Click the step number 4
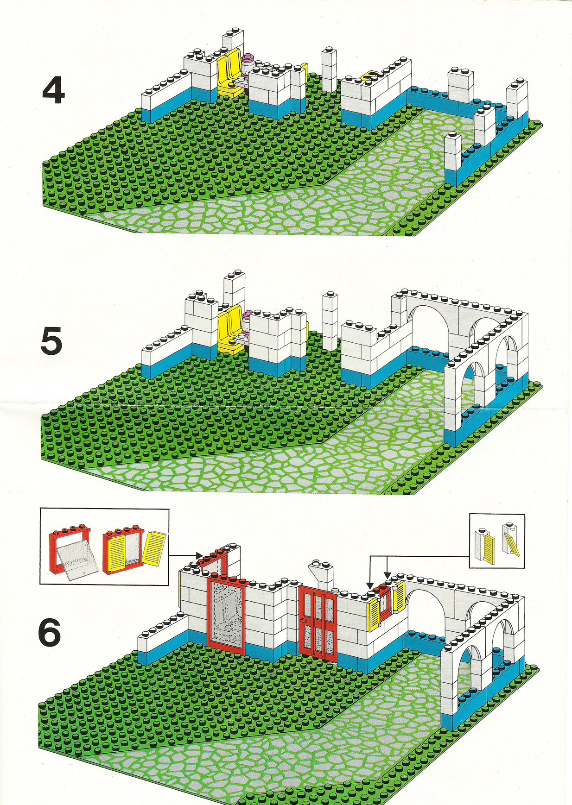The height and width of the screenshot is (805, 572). coord(53,90)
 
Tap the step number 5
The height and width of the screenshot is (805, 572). coord(51,341)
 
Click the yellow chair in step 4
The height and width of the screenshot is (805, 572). coord(229,73)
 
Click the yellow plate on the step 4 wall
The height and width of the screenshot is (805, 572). coord(369,75)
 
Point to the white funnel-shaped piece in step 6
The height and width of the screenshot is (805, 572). coord(319,574)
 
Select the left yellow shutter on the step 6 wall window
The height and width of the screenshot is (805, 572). coord(375,614)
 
